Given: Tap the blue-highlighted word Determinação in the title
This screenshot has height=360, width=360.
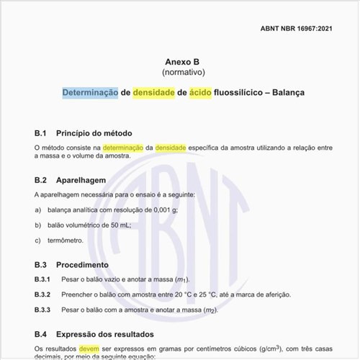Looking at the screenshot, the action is [90, 93].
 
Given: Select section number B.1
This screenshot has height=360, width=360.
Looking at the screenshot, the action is [40, 133].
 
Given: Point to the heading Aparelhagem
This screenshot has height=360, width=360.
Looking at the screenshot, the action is [81, 179].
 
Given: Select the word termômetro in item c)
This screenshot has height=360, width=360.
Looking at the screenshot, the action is [66, 240].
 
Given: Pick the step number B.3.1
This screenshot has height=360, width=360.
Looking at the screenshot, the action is [42, 279].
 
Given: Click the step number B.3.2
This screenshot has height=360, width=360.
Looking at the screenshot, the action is [42, 294].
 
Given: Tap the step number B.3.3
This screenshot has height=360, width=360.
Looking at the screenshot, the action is [42, 310].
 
